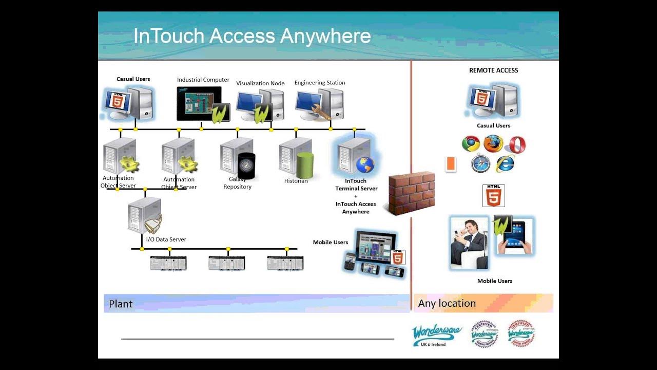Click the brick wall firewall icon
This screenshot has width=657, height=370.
[x=412, y=193]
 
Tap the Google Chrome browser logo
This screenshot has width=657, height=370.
[x=471, y=144]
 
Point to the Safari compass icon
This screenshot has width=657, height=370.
[x=480, y=164]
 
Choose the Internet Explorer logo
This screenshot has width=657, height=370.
[x=505, y=163]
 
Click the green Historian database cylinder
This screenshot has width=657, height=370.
[x=305, y=165]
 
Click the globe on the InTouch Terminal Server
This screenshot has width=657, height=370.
[x=365, y=165]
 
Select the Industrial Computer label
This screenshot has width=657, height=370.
[x=203, y=80]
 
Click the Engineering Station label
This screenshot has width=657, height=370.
[x=320, y=83]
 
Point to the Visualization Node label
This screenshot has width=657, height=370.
[x=260, y=83]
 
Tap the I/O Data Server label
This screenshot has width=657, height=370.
[x=166, y=239]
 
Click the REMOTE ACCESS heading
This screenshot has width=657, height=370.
[x=494, y=70]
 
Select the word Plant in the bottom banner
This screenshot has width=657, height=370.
[x=121, y=304]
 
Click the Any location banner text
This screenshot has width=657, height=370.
[x=447, y=303]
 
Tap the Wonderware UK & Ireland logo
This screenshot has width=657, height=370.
[x=437, y=335]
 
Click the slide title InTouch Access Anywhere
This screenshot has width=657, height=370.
[x=252, y=36]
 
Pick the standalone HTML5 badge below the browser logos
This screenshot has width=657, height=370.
[x=494, y=196]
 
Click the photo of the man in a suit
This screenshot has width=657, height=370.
[x=469, y=243]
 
